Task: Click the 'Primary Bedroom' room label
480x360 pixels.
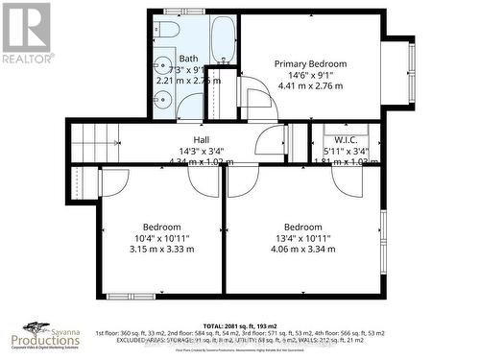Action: pyautogui.click(x=310, y=63)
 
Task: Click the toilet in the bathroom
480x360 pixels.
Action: pyautogui.click(x=166, y=33)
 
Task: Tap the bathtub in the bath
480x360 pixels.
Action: pyautogui.click(x=223, y=38)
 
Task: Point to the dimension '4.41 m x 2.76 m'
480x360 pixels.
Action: pyautogui.click(x=310, y=85)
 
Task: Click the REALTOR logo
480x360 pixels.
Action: pyautogui.click(x=26, y=34)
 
